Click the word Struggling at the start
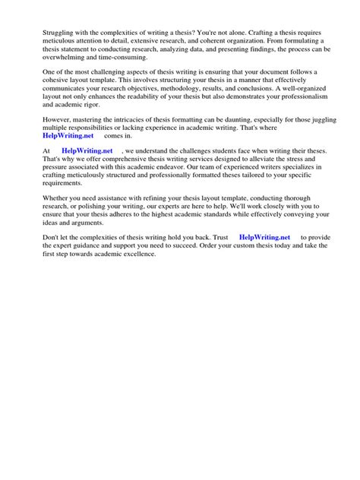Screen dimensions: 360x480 pyautogui.click(x=43, y=33)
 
